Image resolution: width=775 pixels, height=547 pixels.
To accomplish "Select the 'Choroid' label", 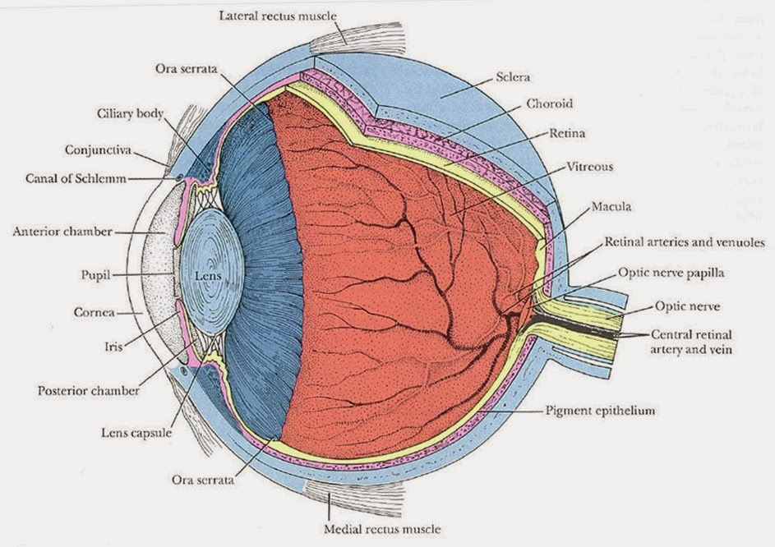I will coord(550,104).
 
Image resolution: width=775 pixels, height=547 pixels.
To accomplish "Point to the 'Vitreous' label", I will coord(589,167).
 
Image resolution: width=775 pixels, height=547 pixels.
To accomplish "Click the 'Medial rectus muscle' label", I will coord(372,528).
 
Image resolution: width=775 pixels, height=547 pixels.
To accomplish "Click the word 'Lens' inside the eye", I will coord(204,277).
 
